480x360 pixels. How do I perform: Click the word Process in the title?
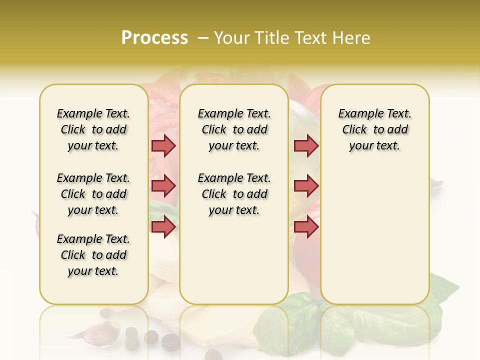click(154, 38)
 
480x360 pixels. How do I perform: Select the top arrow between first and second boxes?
click(163, 145)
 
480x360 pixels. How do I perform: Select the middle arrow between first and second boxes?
click(163, 186)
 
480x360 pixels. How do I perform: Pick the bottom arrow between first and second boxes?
click(163, 227)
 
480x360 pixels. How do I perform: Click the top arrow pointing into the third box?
click(306, 145)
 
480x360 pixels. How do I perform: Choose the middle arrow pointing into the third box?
click(306, 186)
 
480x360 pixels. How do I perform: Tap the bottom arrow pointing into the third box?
click(306, 227)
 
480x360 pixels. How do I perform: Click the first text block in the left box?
click(93, 129)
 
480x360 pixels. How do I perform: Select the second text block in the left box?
click(93, 194)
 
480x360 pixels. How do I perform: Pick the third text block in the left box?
click(93, 255)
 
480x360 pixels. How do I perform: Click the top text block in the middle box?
click(234, 129)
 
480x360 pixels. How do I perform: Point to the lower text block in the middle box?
click(234, 194)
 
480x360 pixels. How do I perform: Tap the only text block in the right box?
click(374, 129)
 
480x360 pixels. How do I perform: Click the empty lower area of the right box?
click(374, 240)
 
